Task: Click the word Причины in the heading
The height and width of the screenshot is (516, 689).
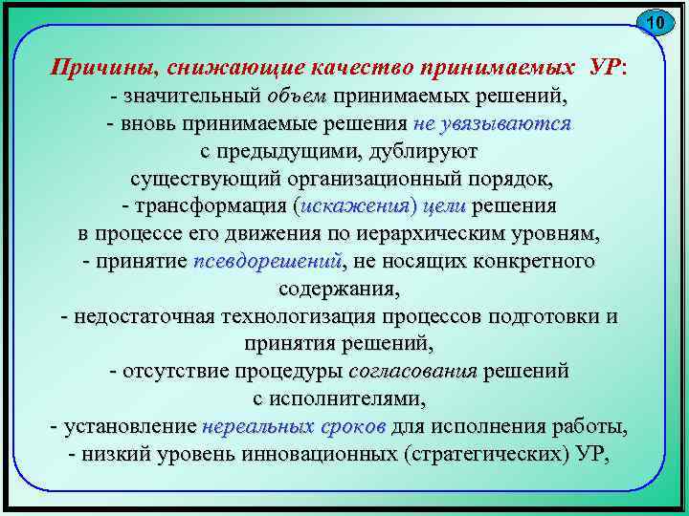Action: pyautogui.click(x=105, y=68)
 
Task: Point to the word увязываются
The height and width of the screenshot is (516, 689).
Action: pyautogui.click(x=515, y=123)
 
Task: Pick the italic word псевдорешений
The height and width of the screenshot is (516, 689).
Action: pyautogui.click(x=268, y=261)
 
